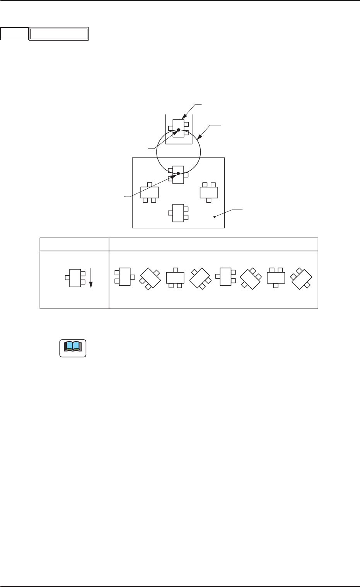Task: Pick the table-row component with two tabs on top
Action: tap(276, 278)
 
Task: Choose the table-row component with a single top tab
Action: tap(175, 278)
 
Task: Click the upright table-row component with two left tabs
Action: tap(225, 276)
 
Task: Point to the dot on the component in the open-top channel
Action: tap(179, 130)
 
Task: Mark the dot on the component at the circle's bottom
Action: tap(178, 173)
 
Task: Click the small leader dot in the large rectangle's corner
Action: tap(214, 217)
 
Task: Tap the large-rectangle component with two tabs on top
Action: tap(208, 192)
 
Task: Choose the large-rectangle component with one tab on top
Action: tap(149, 192)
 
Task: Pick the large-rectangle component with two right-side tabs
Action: tap(178, 213)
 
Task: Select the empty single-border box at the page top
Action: tap(14, 34)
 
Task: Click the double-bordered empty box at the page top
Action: tap(59, 34)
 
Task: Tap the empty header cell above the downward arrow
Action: tap(74, 244)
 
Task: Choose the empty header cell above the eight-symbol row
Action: tap(213, 244)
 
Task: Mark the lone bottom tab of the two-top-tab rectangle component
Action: tap(209, 200)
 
